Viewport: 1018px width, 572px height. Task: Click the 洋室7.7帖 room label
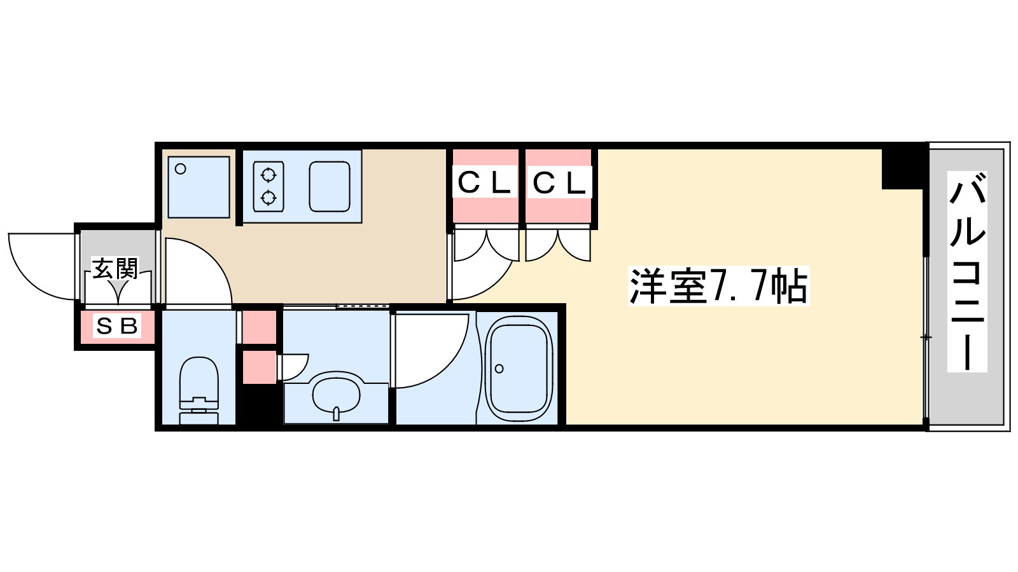coord(718,286)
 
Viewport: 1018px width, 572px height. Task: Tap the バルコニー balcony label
coord(967,271)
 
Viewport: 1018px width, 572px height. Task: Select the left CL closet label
coord(485,183)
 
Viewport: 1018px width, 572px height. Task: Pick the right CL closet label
coord(559,183)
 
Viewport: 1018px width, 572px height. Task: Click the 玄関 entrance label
coord(115,269)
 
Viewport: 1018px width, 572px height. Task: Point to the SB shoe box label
coord(116,326)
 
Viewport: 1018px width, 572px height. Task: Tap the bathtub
coord(519,368)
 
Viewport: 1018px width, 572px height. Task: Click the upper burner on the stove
coord(268,174)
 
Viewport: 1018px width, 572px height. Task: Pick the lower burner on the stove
coord(268,198)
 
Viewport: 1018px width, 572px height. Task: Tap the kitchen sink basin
coord(330,186)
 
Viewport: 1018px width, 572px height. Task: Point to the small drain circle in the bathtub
coord(499,369)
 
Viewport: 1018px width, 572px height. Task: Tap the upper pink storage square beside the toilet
coord(260,326)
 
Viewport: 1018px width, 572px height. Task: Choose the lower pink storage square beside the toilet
coord(260,367)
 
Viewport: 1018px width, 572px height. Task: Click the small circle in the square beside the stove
coord(181,169)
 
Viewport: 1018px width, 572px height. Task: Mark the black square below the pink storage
coord(260,405)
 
